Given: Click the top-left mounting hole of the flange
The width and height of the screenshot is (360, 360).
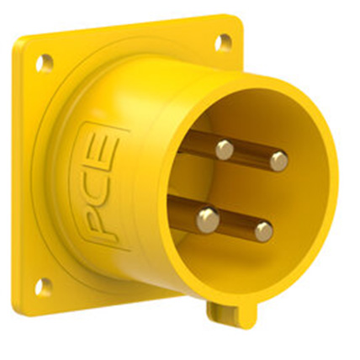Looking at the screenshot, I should coord(44,61).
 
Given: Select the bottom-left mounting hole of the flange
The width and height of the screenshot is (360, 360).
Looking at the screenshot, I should coord(40,286).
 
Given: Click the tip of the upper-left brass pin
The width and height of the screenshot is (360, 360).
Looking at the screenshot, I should coord(224,150).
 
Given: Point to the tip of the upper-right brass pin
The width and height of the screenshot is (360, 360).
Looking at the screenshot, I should coord(278,160).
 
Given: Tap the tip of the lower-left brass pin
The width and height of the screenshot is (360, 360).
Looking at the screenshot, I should coord(208,220).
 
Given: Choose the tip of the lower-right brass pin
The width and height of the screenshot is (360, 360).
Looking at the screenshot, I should coord(263,230).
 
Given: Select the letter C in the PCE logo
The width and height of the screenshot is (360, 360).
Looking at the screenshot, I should coord(99,187).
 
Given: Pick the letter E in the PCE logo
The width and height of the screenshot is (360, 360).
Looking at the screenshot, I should coord(104,151).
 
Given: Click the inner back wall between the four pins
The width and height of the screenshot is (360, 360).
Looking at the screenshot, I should coord(240,189).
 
